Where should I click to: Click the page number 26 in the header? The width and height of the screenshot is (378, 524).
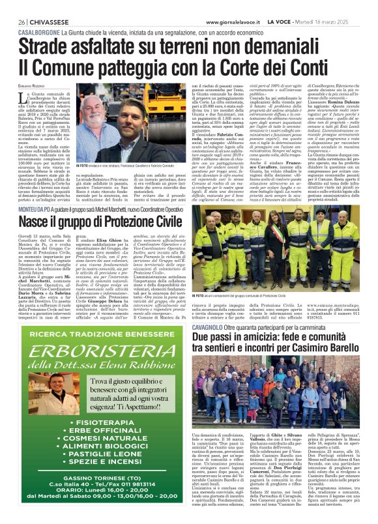pos(22,22)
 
